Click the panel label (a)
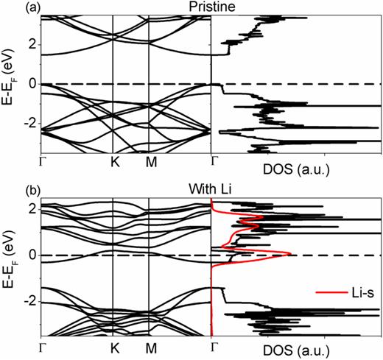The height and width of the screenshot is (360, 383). [x=10, y=7]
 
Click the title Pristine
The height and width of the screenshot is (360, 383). [x=212, y=7]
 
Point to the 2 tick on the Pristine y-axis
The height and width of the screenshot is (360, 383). [x=30, y=44]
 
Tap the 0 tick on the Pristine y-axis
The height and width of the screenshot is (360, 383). [x=30, y=84]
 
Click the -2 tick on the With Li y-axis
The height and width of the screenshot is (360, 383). [x=28, y=302]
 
